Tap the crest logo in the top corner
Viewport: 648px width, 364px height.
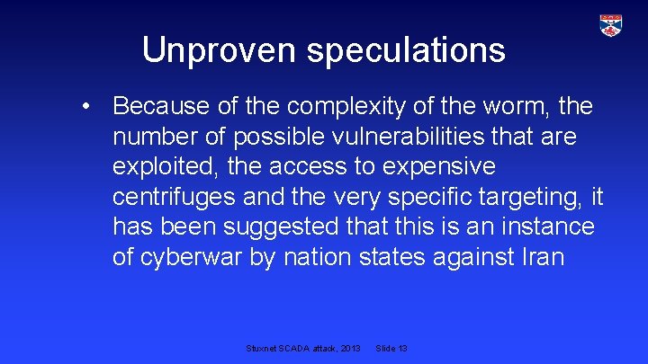pyautogui.click(x=611, y=25)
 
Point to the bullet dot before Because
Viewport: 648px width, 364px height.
pyautogui.click(x=85, y=107)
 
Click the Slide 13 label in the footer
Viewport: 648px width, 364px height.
pyautogui.click(x=391, y=348)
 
